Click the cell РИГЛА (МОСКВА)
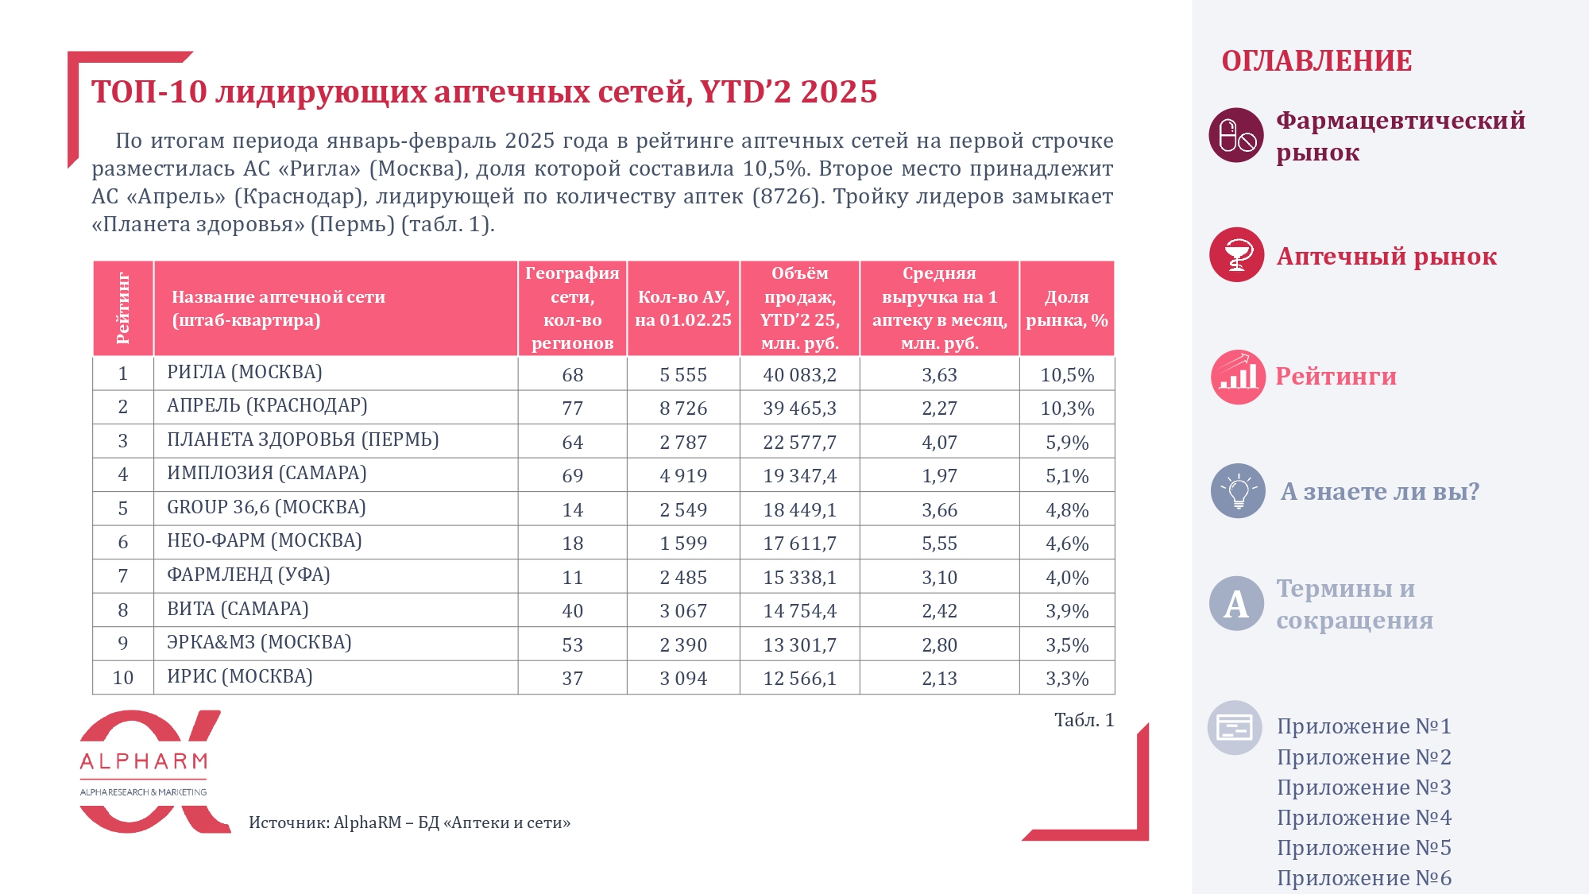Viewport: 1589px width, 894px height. click(x=245, y=373)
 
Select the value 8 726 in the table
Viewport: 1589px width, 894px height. click(x=683, y=408)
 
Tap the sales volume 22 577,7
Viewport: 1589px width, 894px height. click(x=799, y=442)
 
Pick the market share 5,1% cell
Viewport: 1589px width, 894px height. click(x=1067, y=476)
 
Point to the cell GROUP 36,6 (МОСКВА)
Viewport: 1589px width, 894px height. click(x=266, y=508)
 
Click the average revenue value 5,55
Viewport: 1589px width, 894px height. click(x=939, y=544)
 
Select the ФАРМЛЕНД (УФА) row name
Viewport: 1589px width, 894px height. click(x=248, y=575)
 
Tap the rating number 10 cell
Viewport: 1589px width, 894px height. click(x=123, y=678)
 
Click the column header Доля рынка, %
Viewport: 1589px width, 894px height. click(x=1067, y=308)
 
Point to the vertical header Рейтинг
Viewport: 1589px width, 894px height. click(x=123, y=308)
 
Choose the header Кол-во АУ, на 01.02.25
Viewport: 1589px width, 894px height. click(x=683, y=308)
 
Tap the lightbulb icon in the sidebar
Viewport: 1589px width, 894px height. click(x=1238, y=491)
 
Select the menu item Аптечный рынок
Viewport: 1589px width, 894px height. click(x=1386, y=256)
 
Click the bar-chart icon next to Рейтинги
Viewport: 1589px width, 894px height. click(x=1238, y=377)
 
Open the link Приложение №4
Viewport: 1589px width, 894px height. click(x=1364, y=818)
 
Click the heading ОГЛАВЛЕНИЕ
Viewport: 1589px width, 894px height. click(x=1316, y=61)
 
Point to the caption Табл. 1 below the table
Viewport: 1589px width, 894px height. click(x=1084, y=720)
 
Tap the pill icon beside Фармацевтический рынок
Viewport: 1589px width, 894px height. click(x=1236, y=135)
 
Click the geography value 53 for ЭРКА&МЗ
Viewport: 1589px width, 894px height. click(x=573, y=644)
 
